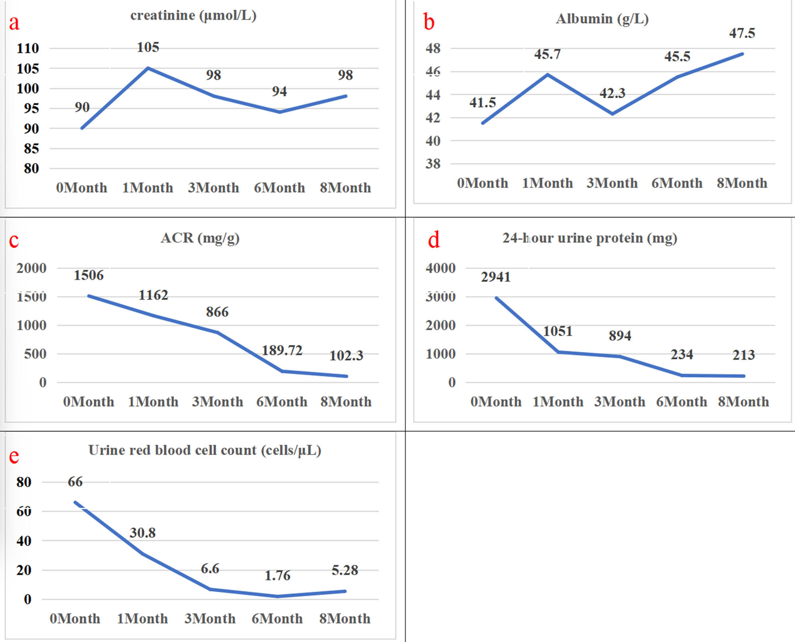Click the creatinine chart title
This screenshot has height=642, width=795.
pyautogui.click(x=193, y=15)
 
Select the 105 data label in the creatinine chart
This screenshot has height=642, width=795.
pyautogui.click(x=148, y=47)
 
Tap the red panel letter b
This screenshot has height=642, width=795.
pyautogui.click(x=429, y=22)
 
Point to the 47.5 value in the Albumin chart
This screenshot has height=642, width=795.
pyautogui.click(x=742, y=33)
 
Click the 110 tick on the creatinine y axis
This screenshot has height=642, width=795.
pyautogui.click(x=28, y=48)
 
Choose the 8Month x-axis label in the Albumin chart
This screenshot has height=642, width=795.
pyautogui.click(x=742, y=183)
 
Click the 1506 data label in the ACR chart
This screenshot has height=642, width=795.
pyautogui.click(x=89, y=275)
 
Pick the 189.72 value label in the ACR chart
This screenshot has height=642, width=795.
pyautogui.click(x=282, y=350)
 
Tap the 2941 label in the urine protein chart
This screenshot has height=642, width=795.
pyautogui.click(x=496, y=277)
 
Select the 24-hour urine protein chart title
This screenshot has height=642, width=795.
pyautogui.click(x=589, y=238)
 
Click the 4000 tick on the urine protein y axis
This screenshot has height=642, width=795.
pyautogui.click(x=440, y=268)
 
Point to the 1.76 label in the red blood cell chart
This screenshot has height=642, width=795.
pyautogui.click(x=277, y=575)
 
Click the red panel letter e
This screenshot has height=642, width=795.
pyautogui.click(x=14, y=456)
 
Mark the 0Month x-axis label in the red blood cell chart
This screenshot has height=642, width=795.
pyautogui.click(x=75, y=619)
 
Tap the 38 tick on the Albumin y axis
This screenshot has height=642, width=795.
pyautogui.click(x=433, y=164)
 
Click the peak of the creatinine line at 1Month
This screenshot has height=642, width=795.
pyautogui.click(x=148, y=68)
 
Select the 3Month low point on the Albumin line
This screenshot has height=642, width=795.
pyautogui.click(x=613, y=114)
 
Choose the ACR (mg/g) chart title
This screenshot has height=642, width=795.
pyautogui.click(x=200, y=238)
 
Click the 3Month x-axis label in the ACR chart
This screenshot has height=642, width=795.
pyautogui.click(x=217, y=402)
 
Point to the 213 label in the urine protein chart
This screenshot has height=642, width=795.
pyautogui.click(x=743, y=355)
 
